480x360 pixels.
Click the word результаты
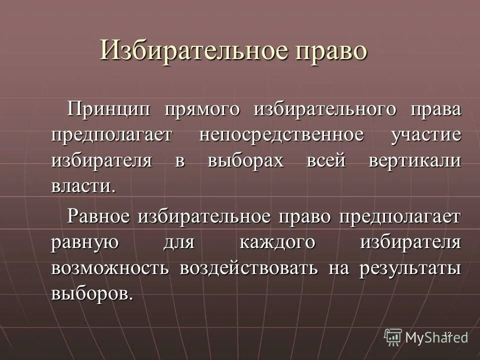click(x=409, y=268)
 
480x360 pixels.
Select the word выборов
click(x=92, y=293)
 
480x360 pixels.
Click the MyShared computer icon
click(x=393, y=336)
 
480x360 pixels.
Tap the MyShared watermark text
click(x=436, y=337)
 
